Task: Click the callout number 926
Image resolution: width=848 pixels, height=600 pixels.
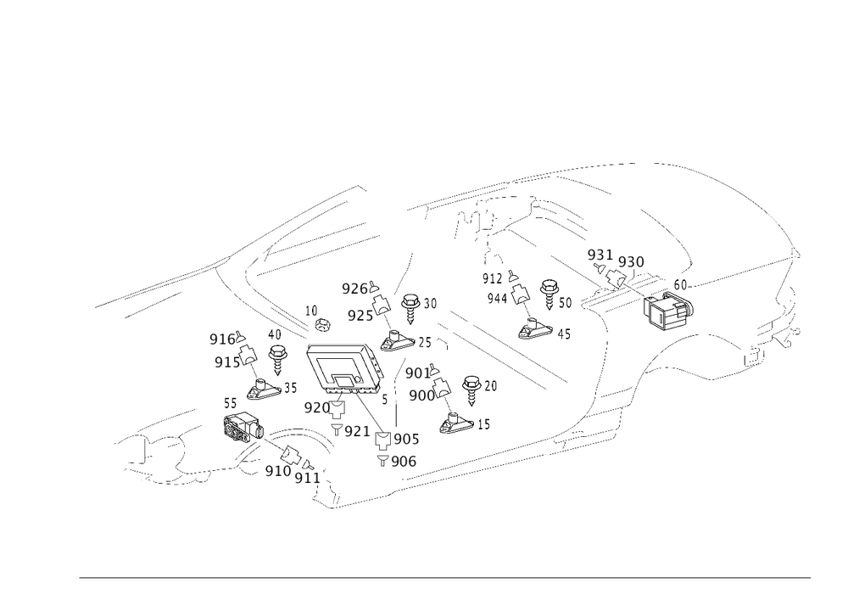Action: coord(355,289)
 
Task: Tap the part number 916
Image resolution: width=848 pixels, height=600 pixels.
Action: coord(222,340)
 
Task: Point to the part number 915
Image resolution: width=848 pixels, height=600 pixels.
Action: coord(225,362)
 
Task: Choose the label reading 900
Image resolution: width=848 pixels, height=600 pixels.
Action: coord(421,395)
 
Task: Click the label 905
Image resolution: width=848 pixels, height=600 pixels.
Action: coord(408,439)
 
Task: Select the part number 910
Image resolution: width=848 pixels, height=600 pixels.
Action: coord(277,471)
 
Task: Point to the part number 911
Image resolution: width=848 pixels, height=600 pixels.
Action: coord(306,478)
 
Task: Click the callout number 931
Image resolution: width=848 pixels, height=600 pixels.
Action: coord(599,255)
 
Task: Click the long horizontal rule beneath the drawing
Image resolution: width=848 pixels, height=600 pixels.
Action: coord(445,576)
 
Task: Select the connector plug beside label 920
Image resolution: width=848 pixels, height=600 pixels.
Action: coord(337,414)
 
